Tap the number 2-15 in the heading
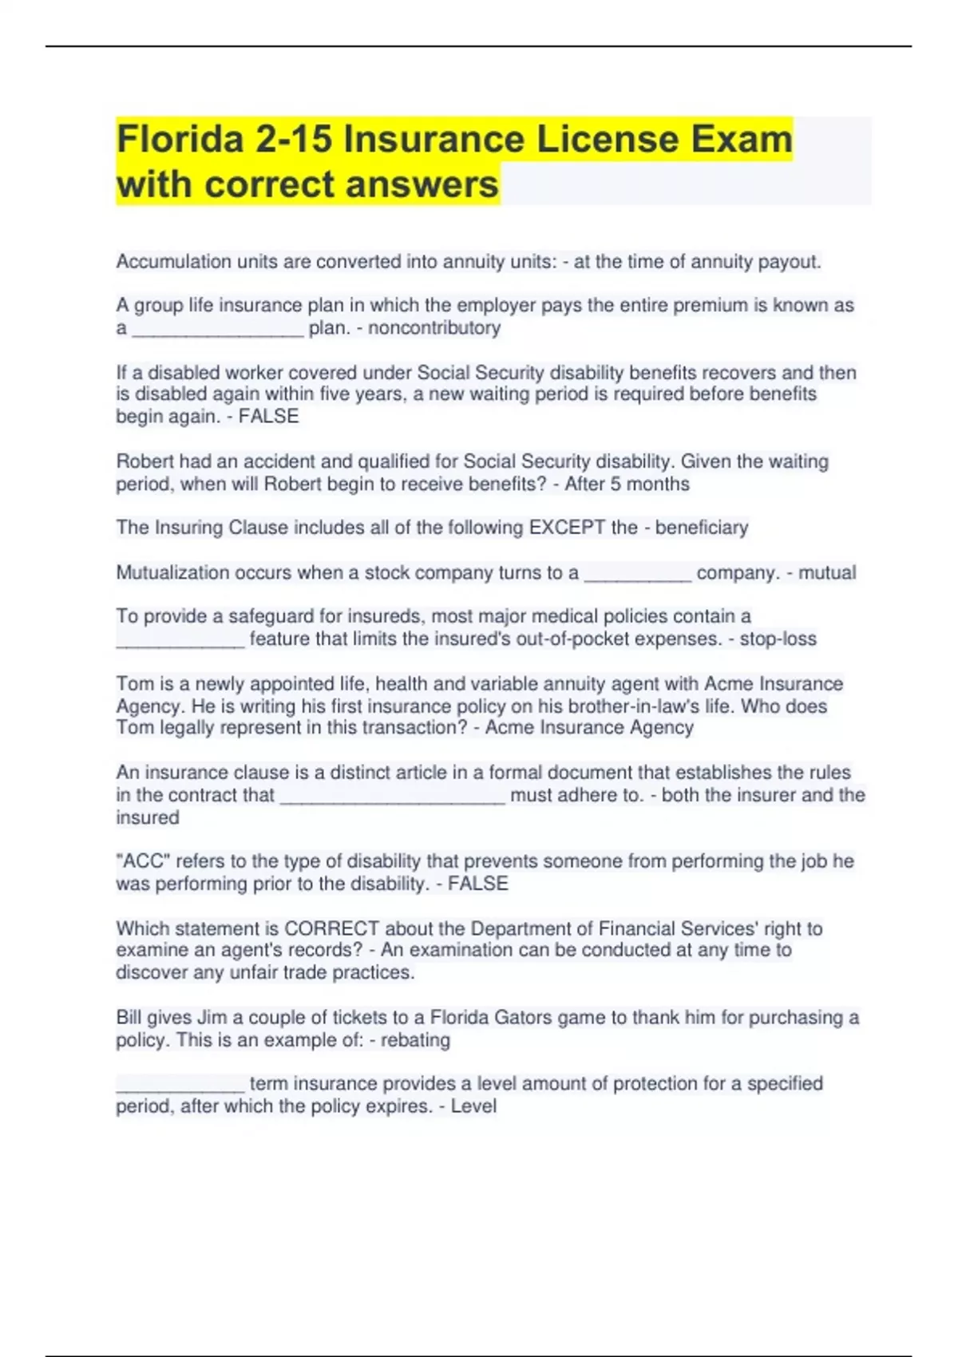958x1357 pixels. (x=293, y=139)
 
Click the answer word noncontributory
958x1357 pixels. (x=434, y=328)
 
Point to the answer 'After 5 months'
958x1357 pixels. (x=627, y=484)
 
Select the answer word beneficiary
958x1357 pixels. (x=702, y=528)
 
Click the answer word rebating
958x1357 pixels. (x=415, y=1040)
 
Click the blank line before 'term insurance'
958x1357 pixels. (x=180, y=1087)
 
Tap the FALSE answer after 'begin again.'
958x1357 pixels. (x=269, y=417)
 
